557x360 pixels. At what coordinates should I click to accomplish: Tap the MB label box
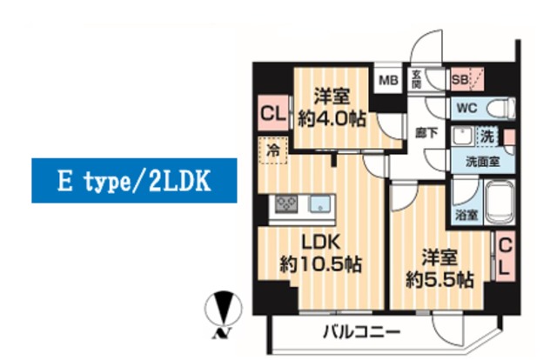[387, 82]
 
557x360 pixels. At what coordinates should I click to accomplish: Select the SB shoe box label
[459, 81]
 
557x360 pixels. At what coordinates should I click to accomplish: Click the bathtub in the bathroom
[500, 205]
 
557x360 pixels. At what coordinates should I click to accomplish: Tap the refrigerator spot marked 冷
[272, 150]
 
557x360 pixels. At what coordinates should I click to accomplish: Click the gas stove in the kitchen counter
[286, 205]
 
